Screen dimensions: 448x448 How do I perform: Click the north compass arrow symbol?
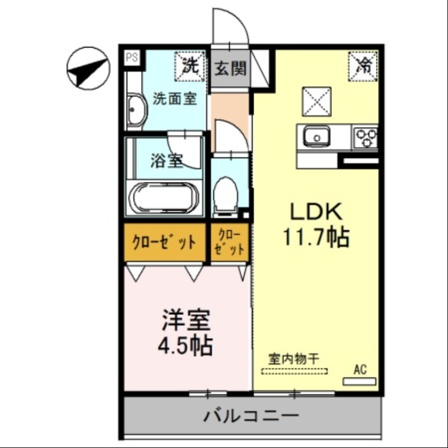(x=88, y=69)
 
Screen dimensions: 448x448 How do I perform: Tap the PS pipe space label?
(x=132, y=58)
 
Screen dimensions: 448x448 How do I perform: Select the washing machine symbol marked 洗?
(x=190, y=66)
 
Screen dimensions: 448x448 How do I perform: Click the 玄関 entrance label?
(x=230, y=69)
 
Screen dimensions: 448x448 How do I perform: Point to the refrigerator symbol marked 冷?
(x=365, y=64)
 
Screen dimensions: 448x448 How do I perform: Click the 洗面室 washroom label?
(x=175, y=99)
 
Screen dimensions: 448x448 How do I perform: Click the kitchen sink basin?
(x=317, y=137)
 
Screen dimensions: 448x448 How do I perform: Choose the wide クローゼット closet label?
(x=164, y=242)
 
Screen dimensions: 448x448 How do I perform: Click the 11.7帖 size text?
(x=315, y=237)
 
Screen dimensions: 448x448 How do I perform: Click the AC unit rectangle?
(x=360, y=381)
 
